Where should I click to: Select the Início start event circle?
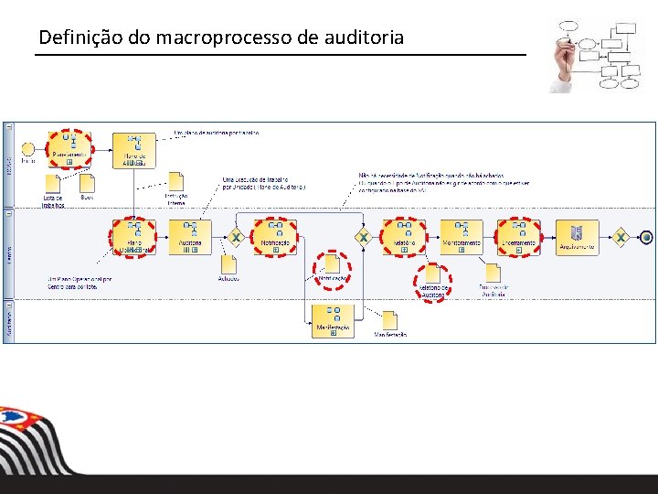tap(28, 149)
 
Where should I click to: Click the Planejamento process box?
tap(69, 149)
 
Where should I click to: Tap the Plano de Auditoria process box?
tap(133, 150)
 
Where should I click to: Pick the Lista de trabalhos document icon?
tap(53, 183)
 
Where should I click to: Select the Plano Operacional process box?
tap(133, 238)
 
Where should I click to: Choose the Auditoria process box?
tap(190, 237)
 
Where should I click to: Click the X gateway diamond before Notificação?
tap(235, 237)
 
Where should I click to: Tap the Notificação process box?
tap(274, 237)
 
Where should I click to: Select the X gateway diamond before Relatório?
tap(363, 237)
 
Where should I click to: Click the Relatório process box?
tap(404, 237)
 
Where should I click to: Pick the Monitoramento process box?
tap(462, 237)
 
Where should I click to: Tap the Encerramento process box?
tap(519, 237)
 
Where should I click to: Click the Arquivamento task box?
tap(578, 237)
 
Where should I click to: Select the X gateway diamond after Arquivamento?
tap(621, 237)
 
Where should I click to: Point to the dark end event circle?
tap(647, 237)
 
